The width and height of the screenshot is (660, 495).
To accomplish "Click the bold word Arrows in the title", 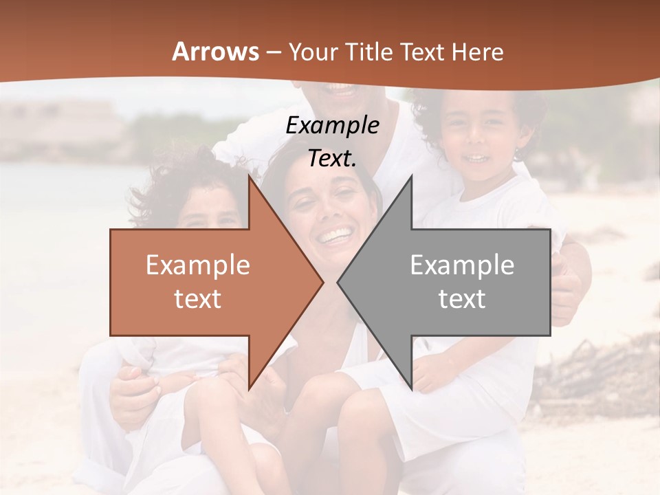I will coord(215,52).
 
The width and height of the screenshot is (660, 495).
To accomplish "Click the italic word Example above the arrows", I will coord(332,125).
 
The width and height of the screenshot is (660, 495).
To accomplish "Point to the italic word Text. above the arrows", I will coord(332,158).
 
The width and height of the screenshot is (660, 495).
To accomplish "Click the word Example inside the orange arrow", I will coord(197,265).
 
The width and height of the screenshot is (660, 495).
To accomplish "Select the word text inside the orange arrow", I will coord(197,299).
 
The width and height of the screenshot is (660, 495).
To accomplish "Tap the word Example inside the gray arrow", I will coord(462,265).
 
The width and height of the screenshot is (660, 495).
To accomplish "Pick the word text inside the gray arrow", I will coord(462,299).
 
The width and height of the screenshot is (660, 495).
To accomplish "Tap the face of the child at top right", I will coord(474,141).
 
